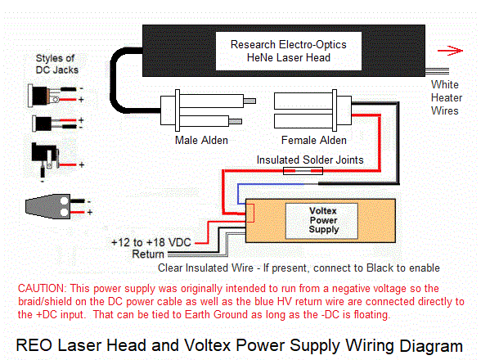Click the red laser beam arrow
tap(450, 51)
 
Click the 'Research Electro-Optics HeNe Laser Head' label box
tap(289, 52)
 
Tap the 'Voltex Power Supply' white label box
tap(321, 221)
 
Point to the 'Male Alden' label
tap(201, 140)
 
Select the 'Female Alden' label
tap(314, 140)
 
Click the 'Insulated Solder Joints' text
tap(310, 160)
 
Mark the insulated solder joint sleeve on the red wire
tap(303, 171)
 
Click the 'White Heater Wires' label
tap(447, 97)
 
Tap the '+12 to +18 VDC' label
tap(151, 242)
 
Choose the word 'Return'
tap(148, 254)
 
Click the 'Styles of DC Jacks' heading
tap(56, 64)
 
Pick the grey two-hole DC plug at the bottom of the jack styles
tap(47, 206)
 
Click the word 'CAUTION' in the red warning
tap(42, 289)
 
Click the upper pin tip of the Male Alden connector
tap(249, 101)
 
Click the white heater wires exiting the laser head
tap(437, 71)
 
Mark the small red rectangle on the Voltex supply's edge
tap(250, 213)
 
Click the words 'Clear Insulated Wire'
tap(205, 268)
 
